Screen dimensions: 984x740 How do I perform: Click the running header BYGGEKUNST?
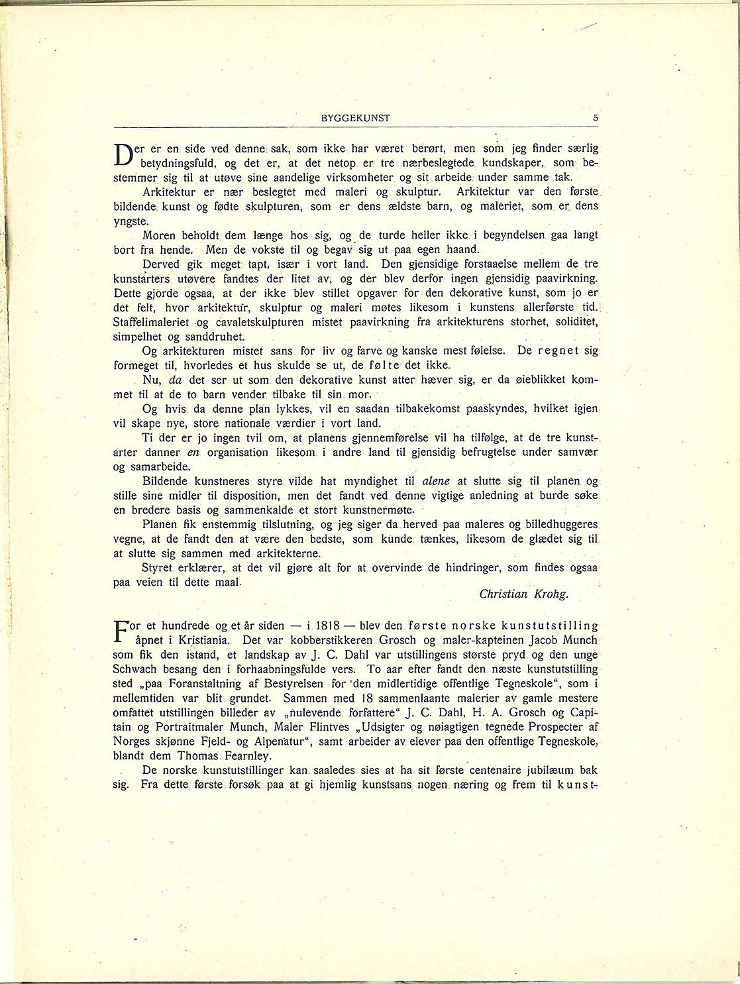pyautogui.click(x=355, y=118)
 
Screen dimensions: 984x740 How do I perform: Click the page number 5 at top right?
pyautogui.click(x=596, y=118)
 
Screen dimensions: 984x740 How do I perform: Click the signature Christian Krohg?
pyautogui.click(x=523, y=594)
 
